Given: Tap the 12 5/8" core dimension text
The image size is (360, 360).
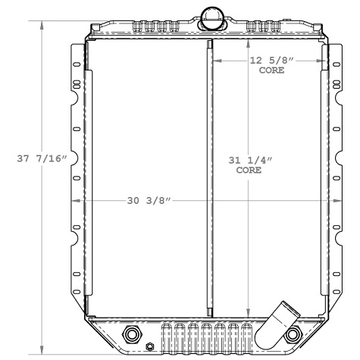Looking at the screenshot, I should [x=271, y=61].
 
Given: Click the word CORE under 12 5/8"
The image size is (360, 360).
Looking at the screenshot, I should [x=271, y=70].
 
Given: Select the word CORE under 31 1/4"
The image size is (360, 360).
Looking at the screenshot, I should [x=249, y=171].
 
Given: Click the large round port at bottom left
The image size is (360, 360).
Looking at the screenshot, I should [x=131, y=334].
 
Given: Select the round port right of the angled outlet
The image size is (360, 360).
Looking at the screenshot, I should [x=291, y=334].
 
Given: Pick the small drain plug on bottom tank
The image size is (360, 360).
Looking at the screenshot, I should [x=149, y=348].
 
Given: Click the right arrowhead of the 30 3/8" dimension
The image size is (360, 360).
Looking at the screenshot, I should [x=332, y=201].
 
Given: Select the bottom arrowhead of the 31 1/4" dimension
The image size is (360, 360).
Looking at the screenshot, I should [x=249, y=312].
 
